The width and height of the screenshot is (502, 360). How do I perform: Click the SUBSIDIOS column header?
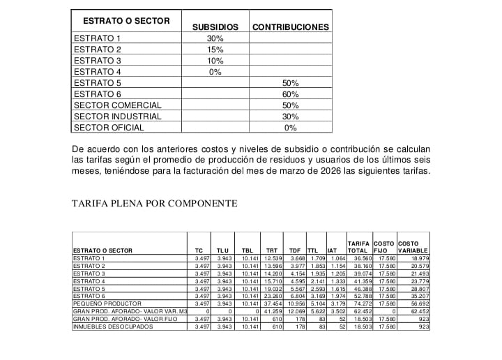tap(215, 27)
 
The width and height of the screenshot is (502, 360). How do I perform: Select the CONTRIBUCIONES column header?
tap(291, 27)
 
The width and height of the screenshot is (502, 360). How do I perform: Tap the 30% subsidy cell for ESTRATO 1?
tap(215, 38)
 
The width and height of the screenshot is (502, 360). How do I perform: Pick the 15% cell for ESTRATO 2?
tap(215, 50)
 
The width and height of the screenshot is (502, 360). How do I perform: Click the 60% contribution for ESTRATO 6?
tap(291, 94)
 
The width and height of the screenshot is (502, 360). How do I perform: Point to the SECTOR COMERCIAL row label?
tap(117, 105)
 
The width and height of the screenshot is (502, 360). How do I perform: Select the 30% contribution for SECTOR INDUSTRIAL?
tap(291, 117)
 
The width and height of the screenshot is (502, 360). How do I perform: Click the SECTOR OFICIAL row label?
tap(109, 128)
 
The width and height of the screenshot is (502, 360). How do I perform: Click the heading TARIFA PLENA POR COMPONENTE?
tap(155, 204)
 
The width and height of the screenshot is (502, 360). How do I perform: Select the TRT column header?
tap(272, 250)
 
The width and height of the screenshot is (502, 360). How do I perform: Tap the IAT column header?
tap(333, 250)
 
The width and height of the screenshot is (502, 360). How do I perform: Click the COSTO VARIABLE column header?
tap(413, 246)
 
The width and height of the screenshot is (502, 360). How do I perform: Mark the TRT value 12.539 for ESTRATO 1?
tap(272, 258)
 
